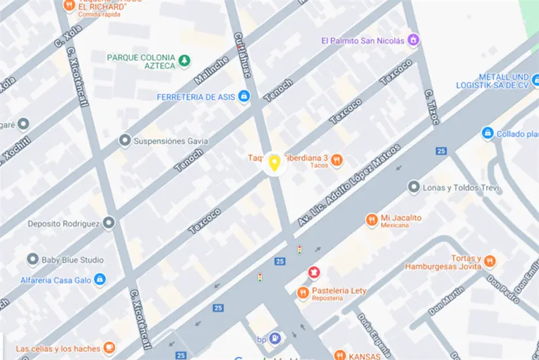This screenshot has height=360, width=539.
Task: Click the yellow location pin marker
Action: pos(275,163)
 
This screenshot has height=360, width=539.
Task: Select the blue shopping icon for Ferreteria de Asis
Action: pos(244,97)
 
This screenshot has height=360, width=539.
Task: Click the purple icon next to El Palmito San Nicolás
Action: pos(413,41)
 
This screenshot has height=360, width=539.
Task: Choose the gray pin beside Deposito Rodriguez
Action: pos(108,223)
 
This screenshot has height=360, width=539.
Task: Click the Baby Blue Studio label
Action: pos(73,260)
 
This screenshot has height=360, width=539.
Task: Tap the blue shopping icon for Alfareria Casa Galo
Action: pos(99,280)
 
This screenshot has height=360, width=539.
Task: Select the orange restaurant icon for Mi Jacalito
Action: pos(371,220)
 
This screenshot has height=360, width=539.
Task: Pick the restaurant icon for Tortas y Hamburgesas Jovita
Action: pos(489,262)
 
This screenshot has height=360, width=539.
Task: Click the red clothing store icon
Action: pos(314,272)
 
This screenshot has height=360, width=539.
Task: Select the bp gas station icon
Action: pos(275,338)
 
